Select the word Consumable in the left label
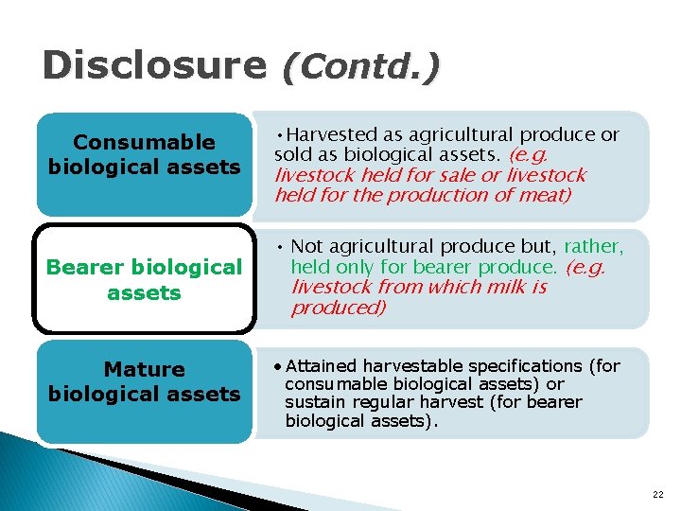[145, 143]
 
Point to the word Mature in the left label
[145, 369]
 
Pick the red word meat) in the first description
[542, 195]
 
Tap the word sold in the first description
[290, 155]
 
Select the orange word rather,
[593, 247]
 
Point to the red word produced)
[339, 308]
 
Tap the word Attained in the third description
[322, 365]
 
